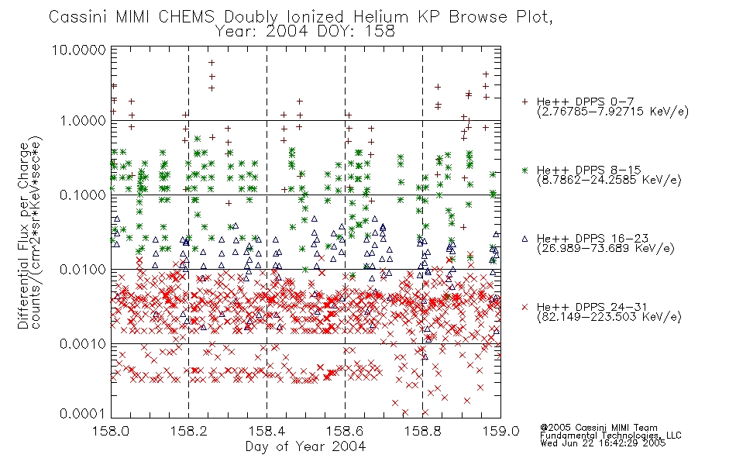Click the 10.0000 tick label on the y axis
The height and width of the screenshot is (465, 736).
click(x=78, y=50)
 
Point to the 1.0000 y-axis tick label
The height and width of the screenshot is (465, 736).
click(x=83, y=121)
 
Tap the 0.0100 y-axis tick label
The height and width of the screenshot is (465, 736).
click(x=83, y=270)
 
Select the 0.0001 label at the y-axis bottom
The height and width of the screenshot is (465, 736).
click(x=83, y=414)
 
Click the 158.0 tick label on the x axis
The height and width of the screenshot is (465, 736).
click(x=111, y=431)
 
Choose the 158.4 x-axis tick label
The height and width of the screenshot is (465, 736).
click(x=267, y=431)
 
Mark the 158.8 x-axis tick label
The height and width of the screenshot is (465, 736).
click(x=422, y=431)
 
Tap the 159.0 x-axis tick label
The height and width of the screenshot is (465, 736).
click(x=500, y=431)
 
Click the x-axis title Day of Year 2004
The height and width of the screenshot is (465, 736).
click(x=305, y=446)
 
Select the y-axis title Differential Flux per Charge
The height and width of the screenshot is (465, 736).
click(x=23, y=236)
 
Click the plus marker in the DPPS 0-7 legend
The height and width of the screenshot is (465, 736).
click(x=524, y=102)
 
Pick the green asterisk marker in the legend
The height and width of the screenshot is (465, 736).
click(x=524, y=170)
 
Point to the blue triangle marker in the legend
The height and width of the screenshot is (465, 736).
click(x=524, y=239)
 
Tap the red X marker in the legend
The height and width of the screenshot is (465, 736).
click(x=524, y=307)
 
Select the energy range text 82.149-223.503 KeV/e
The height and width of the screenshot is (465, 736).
click(x=609, y=317)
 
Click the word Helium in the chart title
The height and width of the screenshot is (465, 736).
click(x=380, y=17)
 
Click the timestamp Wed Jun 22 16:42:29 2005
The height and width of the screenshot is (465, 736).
click(x=603, y=443)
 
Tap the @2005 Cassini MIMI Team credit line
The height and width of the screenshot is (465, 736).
click(x=599, y=428)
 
